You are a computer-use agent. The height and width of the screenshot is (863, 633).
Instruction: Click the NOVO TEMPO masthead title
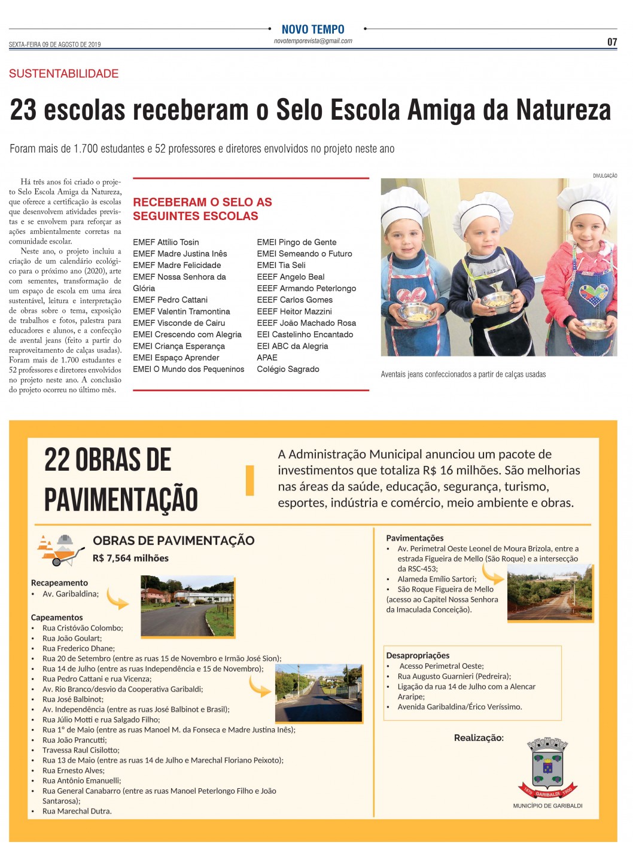pos(313,29)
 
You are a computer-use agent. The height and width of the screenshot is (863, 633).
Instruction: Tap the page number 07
pos(611,42)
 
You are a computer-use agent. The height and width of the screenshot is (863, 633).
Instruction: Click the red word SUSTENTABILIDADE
pos(63,74)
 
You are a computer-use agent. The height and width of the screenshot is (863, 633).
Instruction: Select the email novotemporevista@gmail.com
pos(313,41)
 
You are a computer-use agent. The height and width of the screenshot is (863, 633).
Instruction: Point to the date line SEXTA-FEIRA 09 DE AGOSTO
pos(54,44)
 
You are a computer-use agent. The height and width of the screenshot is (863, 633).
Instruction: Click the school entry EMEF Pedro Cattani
pos(170,300)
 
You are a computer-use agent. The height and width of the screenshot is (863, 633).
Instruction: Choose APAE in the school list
pos(267,358)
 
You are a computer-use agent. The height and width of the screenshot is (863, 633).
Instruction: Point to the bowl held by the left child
pos(417,311)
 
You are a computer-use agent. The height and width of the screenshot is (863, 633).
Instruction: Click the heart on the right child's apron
pos(594,295)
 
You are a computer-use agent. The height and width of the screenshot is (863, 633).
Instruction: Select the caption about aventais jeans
pos(463,374)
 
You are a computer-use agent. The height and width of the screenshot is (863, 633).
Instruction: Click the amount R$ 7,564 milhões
pos(130,558)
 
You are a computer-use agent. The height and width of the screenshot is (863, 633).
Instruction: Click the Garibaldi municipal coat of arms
pos(547,767)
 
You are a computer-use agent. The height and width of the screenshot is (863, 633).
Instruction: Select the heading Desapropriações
pos(418,655)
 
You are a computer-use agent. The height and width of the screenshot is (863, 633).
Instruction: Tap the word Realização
pos(479,738)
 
